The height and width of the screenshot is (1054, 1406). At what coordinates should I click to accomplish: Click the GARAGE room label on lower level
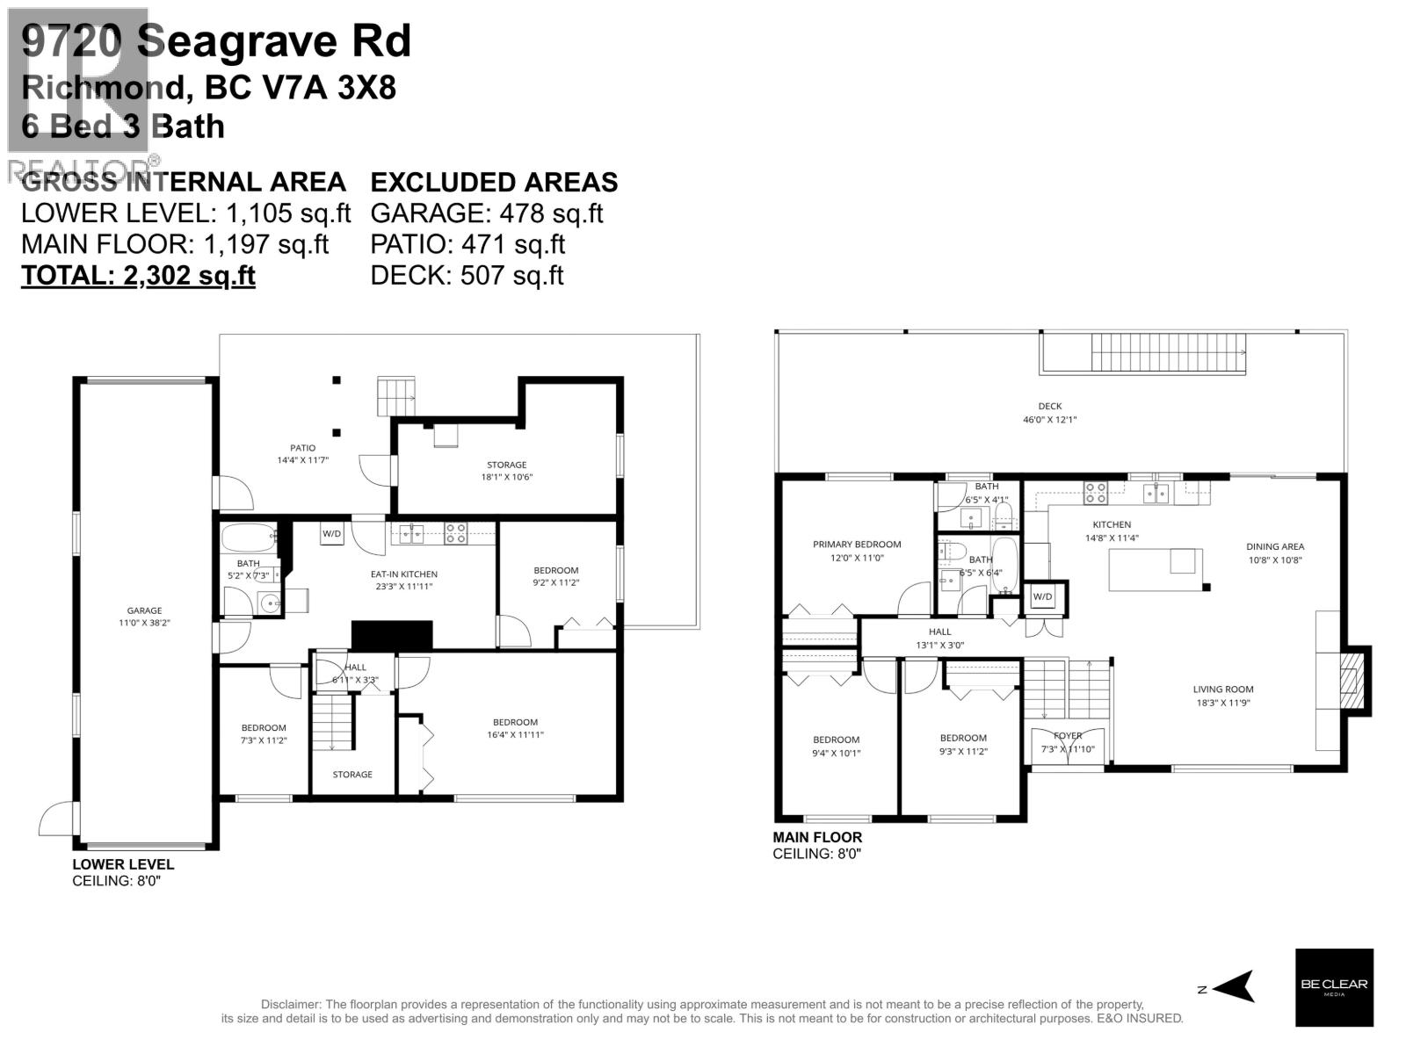coord(144,610)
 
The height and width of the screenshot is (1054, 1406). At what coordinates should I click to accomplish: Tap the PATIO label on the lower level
coord(302,448)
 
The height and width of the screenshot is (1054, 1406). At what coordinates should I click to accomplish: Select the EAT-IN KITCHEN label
coord(403,574)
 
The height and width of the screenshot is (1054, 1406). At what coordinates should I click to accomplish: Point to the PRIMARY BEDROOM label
coord(857,545)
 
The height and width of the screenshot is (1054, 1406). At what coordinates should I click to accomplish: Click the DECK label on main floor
coord(1049,407)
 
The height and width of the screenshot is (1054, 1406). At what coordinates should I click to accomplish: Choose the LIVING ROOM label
coord(1223,689)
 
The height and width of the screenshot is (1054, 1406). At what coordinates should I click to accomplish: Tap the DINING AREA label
coord(1275,546)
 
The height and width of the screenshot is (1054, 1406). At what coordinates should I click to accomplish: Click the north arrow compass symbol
coord(1235,986)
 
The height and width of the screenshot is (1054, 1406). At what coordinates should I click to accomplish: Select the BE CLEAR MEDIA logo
coord(1334,987)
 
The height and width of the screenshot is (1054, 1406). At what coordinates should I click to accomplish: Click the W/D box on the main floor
coord(1043,597)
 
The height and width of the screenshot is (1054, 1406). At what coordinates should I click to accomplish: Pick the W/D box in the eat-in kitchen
coord(331,533)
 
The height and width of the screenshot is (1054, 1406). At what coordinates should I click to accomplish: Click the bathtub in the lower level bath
coord(249,538)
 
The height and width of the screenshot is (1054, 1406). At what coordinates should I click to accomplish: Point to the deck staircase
coord(1168,353)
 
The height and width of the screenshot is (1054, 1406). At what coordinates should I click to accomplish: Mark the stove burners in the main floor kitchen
coord(1095,493)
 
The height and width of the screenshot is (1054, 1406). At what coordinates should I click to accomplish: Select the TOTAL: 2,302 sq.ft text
coord(138,275)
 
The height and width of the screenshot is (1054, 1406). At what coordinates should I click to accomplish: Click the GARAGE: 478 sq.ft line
coord(487,213)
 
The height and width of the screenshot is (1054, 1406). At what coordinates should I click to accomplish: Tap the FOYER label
coord(1068,735)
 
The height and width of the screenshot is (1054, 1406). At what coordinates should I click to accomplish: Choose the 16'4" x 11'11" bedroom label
coord(515,723)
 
